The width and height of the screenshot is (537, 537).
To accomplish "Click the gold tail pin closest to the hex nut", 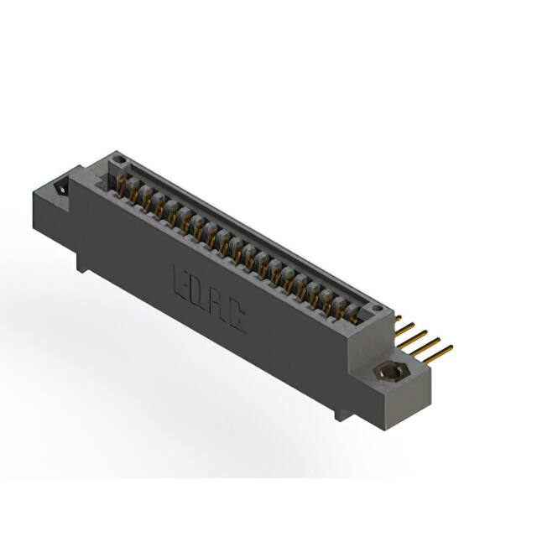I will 443,350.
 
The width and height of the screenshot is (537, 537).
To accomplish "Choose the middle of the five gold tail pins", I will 423,335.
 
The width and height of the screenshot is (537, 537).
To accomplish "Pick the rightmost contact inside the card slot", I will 353,310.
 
